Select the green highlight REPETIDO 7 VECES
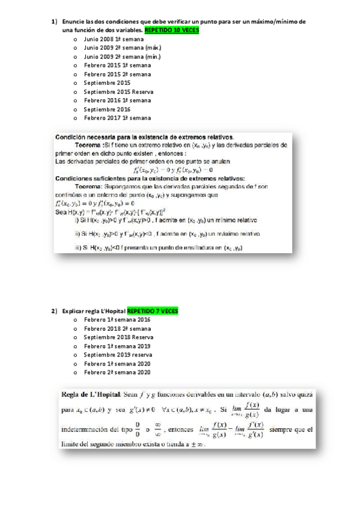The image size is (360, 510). pyautogui.click(x=153, y=311)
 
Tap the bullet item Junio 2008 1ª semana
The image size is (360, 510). pyautogui.click(x=109, y=38)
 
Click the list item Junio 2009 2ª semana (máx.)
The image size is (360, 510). pyautogui.click(x=114, y=47)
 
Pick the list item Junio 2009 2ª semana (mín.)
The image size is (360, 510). pyautogui.click(x=114, y=56)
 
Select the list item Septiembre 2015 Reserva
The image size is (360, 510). pyautogui.click(x=118, y=91)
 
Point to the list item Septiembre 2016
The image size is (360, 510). pyautogui.click(x=107, y=109)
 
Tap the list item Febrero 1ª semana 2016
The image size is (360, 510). pyautogui.click(x=117, y=320)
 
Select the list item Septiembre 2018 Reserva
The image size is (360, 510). pyautogui.click(x=118, y=337)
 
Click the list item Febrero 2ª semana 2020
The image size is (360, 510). pyautogui.click(x=117, y=373)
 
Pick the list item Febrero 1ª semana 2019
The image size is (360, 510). pyautogui.click(x=117, y=346)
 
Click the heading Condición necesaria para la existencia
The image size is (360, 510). pyautogui.click(x=144, y=137)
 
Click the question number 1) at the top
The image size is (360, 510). pyautogui.click(x=53, y=21)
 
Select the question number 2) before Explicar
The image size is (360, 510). pyautogui.click(x=53, y=311)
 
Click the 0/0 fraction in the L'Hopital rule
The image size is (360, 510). pyautogui.click(x=138, y=430)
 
